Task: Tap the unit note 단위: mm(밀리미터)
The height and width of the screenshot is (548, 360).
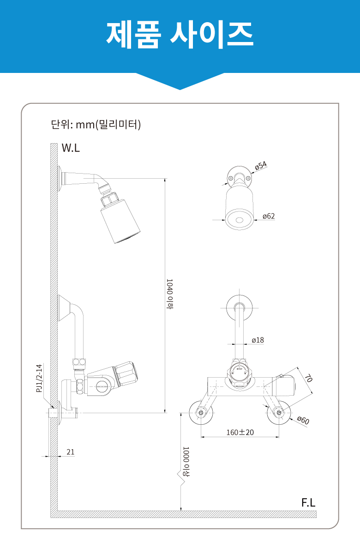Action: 96,124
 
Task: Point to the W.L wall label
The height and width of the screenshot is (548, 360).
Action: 71,148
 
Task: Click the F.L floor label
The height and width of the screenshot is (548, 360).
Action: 308,503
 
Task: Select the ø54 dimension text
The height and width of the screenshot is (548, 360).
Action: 261,165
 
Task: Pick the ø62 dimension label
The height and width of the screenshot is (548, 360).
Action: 269,216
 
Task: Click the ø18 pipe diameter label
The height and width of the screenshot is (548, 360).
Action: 258,340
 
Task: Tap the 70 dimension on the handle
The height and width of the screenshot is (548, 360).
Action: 308,378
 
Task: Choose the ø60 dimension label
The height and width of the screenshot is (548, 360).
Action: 303,420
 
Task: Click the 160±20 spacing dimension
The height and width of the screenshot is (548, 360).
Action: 240,432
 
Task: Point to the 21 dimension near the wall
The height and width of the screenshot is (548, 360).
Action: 71,452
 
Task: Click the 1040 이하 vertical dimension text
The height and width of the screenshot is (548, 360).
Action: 169,294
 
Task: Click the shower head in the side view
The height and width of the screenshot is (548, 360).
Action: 120,219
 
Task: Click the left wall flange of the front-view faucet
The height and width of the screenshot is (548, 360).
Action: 201,413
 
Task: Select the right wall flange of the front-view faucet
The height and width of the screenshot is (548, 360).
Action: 279,413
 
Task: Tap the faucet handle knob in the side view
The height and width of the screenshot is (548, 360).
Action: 126,374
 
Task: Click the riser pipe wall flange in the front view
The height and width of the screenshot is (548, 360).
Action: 239,308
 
